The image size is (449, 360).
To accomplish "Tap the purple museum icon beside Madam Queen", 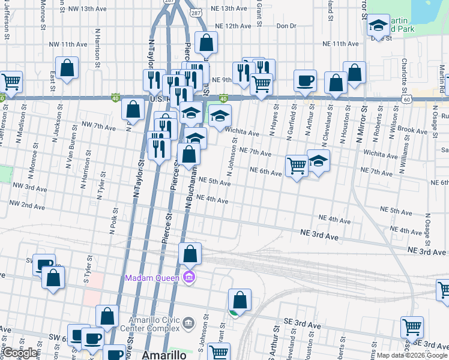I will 190,277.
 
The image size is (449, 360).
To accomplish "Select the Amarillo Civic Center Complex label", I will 154,323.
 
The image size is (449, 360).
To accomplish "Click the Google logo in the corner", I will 20,353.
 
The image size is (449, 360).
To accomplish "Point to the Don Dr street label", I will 286,26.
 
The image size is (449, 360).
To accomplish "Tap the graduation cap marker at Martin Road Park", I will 378,25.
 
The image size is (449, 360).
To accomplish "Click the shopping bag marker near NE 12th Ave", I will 206,42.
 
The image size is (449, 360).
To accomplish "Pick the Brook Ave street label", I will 412,130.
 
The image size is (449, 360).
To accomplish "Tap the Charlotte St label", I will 405,71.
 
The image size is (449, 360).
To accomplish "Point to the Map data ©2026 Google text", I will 412,355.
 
